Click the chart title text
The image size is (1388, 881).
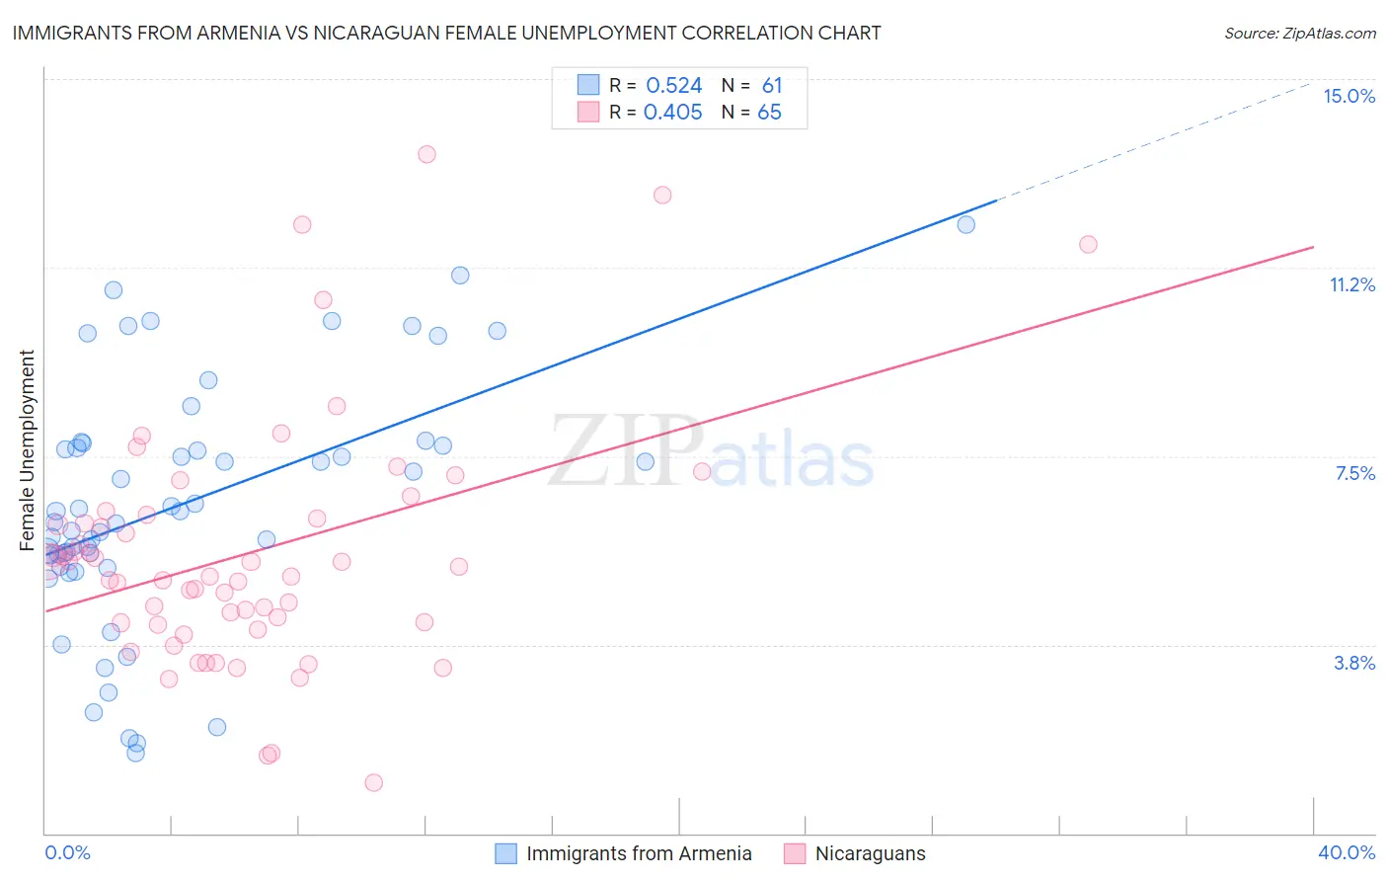[446, 33]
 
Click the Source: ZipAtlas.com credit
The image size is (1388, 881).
[1299, 34]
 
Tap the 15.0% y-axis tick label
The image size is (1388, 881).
[1349, 96]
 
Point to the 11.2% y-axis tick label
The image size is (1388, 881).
[1351, 284]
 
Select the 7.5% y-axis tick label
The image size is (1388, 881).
[1354, 473]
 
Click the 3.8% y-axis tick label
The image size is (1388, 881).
[1354, 663]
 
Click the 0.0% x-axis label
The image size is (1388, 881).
[67, 852]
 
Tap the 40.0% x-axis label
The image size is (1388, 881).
[1346, 852]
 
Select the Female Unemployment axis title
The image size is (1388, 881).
[27, 450]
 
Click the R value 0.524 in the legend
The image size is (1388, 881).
[673, 86]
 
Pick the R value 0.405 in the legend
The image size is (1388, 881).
[672, 113]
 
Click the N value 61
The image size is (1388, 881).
[771, 86]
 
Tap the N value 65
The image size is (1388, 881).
[769, 113]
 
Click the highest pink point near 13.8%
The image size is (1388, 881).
[426, 154]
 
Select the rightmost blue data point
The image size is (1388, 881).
[965, 224]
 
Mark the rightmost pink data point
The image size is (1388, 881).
[1088, 244]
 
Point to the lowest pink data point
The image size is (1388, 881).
[373, 782]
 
